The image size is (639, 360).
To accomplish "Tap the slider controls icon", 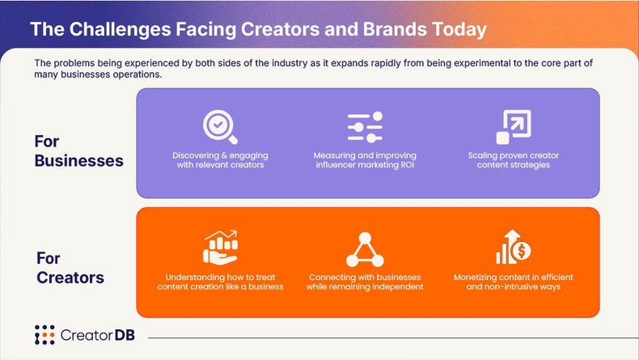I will click(x=365, y=127).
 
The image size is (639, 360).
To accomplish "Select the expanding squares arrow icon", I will click(x=513, y=126).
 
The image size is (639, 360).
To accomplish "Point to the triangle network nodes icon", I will click(x=365, y=249).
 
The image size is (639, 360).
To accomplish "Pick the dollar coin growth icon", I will click(x=513, y=248).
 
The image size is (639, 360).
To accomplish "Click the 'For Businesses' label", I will click(x=78, y=151).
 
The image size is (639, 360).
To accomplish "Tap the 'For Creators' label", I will click(x=70, y=269).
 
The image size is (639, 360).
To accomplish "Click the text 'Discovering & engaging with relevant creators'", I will click(x=220, y=159).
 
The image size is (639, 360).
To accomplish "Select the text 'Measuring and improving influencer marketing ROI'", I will click(x=365, y=159).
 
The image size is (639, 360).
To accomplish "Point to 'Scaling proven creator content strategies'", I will click(x=513, y=159).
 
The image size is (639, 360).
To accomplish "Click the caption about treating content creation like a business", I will click(x=220, y=282).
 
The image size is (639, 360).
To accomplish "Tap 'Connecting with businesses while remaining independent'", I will click(x=365, y=282).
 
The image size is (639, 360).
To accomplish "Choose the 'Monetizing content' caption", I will click(x=513, y=282).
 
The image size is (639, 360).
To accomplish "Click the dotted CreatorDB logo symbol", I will click(x=44, y=335).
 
